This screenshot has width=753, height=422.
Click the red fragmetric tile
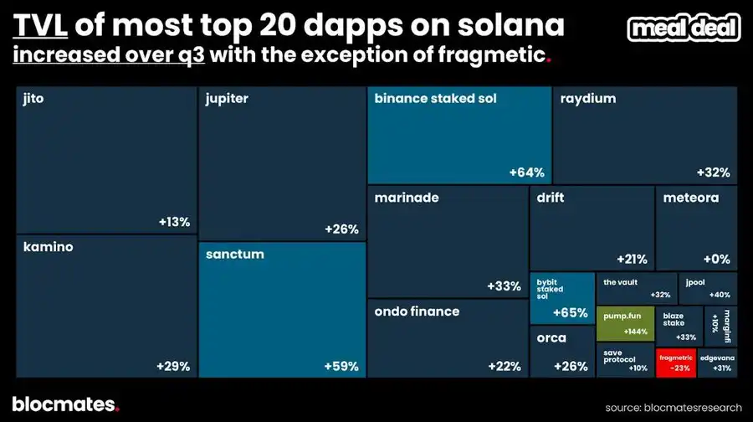point(675,362)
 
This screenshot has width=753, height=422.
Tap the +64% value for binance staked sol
point(527,172)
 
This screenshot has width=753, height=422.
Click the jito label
point(34,99)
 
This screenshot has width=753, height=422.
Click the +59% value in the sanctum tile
point(341,366)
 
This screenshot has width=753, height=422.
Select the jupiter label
point(227,99)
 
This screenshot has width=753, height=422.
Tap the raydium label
point(588,99)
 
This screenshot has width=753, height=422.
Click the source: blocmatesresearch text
point(674,407)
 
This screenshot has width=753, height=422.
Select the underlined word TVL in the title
point(41,28)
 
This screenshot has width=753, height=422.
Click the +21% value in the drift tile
point(632,259)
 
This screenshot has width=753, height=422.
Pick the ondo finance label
point(417,311)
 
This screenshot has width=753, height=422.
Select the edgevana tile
point(718,362)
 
